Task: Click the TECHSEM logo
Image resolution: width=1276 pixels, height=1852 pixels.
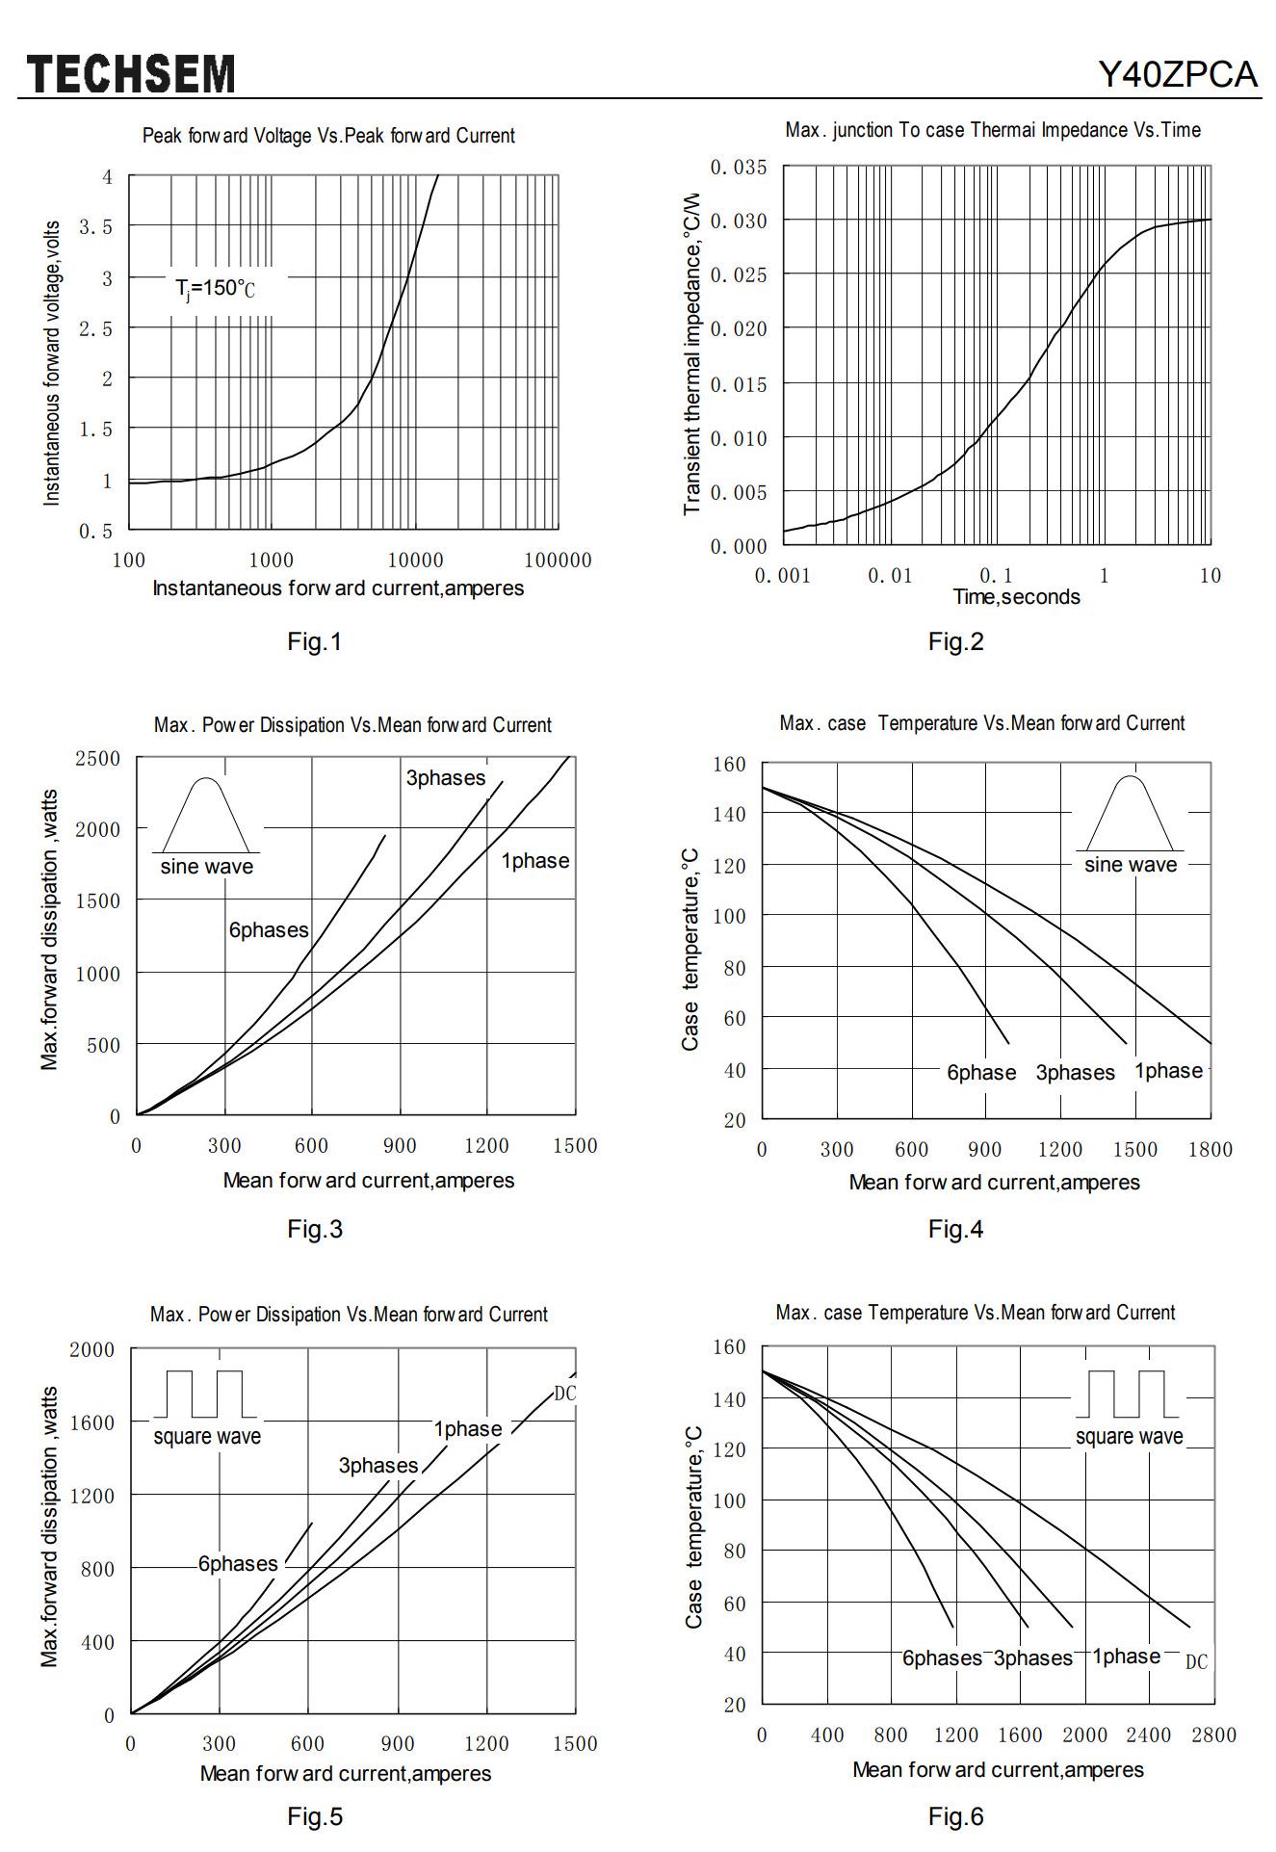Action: pyautogui.click(x=131, y=74)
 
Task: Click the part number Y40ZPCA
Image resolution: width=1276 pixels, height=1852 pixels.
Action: pyautogui.click(x=1178, y=74)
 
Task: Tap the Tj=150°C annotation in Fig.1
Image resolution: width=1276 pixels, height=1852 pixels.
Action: pyautogui.click(x=215, y=288)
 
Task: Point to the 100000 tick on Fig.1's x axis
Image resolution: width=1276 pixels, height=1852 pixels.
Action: pyautogui.click(x=558, y=561)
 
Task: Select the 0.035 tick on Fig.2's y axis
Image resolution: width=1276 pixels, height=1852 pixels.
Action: pyautogui.click(x=739, y=168)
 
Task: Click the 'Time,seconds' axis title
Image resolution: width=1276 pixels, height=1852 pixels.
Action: pyautogui.click(x=1016, y=597)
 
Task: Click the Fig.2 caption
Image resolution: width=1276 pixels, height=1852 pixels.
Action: pyautogui.click(x=955, y=642)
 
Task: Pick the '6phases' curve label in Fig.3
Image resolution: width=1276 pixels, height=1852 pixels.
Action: pyautogui.click(x=269, y=930)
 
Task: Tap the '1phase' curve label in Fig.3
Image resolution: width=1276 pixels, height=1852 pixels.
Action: pyautogui.click(x=534, y=861)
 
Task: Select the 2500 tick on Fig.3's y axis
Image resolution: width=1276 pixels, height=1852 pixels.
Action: pyautogui.click(x=98, y=759)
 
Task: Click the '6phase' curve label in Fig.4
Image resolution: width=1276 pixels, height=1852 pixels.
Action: pyautogui.click(x=981, y=1073)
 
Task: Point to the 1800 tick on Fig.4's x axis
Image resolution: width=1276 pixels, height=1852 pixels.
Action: pyautogui.click(x=1211, y=1149)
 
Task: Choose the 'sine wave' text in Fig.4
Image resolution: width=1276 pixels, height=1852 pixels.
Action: pyautogui.click(x=1131, y=865)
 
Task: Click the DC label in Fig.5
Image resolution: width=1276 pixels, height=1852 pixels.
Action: pyautogui.click(x=564, y=1394)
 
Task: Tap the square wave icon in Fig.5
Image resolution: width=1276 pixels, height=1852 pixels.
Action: pyautogui.click(x=205, y=1394)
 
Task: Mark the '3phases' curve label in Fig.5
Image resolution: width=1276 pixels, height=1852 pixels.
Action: pyautogui.click(x=378, y=1466)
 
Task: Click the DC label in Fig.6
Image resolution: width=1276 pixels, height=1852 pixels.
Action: pyautogui.click(x=1196, y=1662)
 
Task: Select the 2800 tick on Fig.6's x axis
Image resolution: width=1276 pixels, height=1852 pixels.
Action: pyautogui.click(x=1213, y=1735)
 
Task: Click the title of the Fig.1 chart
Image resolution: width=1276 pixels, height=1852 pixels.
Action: pyautogui.click(x=328, y=136)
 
